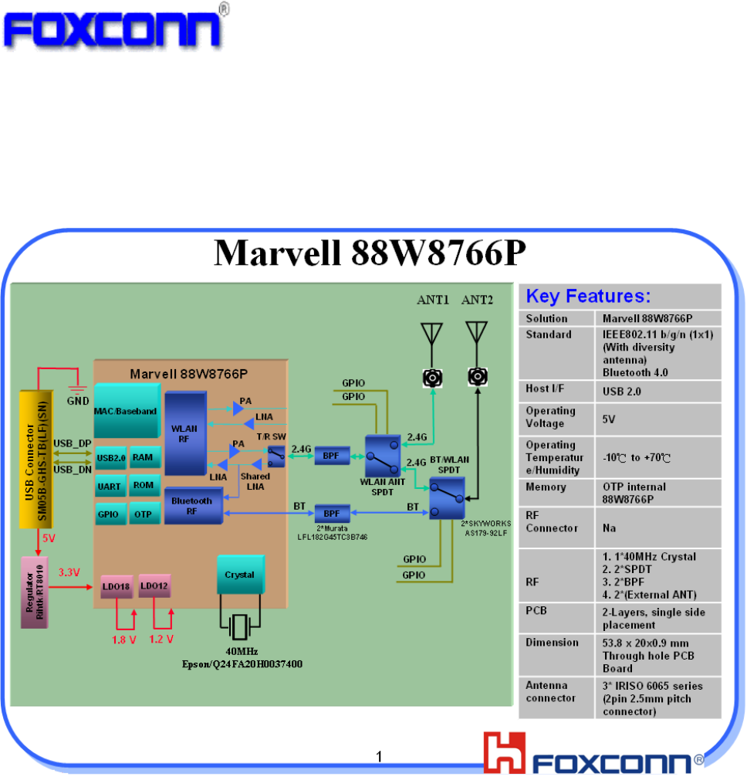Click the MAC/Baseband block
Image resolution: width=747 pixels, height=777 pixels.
coord(127,410)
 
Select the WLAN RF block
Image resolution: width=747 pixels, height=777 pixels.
coord(185,433)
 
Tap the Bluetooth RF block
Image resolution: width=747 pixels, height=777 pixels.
coord(191,507)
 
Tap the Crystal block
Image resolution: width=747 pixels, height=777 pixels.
coord(239,575)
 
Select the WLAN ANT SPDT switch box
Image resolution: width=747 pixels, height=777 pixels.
coord(384,456)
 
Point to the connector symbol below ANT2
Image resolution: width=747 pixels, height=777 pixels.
coord(478,377)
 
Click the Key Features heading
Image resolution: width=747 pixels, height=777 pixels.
coord(588,297)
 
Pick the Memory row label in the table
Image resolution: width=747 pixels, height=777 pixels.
coord(546,487)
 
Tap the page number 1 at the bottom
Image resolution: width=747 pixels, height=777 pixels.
coord(379,755)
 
